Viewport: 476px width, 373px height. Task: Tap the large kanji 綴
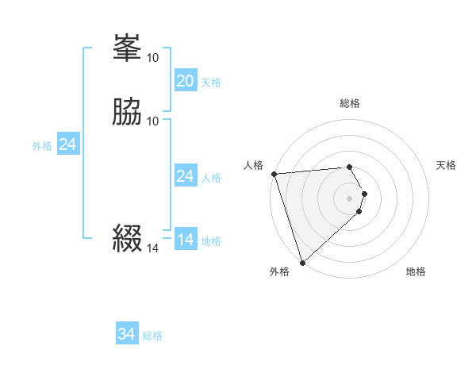pyautogui.click(x=128, y=238)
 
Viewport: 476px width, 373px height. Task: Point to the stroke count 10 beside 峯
pyautogui.click(x=153, y=58)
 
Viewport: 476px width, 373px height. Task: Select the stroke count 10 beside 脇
pyautogui.click(x=153, y=121)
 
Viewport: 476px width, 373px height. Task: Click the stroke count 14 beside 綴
pyautogui.click(x=153, y=248)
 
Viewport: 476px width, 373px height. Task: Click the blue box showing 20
pyautogui.click(x=185, y=81)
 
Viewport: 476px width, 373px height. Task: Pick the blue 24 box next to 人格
pyautogui.click(x=185, y=176)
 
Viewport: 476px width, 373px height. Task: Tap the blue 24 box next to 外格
pyautogui.click(x=68, y=144)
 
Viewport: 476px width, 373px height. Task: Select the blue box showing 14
pyautogui.click(x=185, y=240)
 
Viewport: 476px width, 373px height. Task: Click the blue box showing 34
pyautogui.click(x=127, y=334)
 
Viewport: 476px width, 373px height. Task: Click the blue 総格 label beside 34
pyautogui.click(x=152, y=336)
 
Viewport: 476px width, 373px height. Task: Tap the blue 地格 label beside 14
pyautogui.click(x=211, y=241)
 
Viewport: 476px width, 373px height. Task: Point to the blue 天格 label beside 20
pyautogui.click(x=211, y=83)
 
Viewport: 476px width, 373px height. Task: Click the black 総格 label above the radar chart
pyautogui.click(x=349, y=103)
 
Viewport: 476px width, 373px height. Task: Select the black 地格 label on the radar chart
pyautogui.click(x=416, y=271)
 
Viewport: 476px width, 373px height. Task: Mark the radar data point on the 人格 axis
pyautogui.click(x=274, y=174)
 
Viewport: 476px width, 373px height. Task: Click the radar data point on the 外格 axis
pyautogui.click(x=301, y=262)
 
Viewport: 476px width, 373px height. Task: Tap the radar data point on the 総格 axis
pyautogui.click(x=349, y=167)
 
